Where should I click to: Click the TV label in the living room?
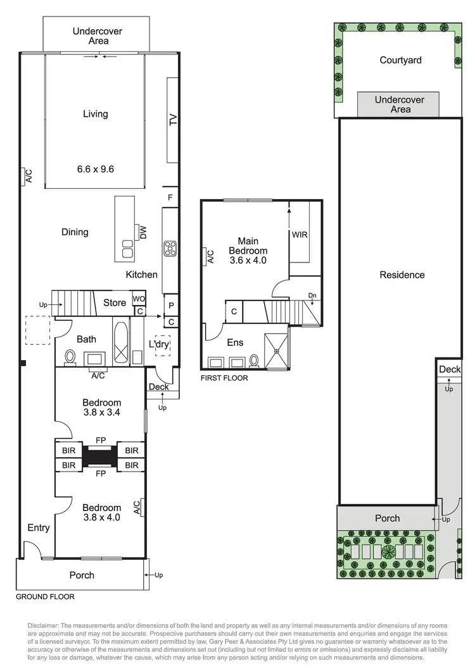click(x=172, y=120)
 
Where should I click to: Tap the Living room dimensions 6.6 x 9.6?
click(x=96, y=169)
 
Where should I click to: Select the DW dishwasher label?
click(x=142, y=232)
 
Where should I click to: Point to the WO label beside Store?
click(x=139, y=299)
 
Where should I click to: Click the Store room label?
click(x=115, y=303)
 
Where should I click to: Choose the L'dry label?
click(x=159, y=344)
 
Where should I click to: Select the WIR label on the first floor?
click(x=299, y=235)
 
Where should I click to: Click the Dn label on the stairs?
click(x=312, y=295)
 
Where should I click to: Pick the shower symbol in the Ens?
click(x=277, y=349)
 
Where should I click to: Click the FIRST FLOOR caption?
click(x=224, y=378)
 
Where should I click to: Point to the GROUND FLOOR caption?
click(x=45, y=597)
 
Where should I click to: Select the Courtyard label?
click(x=400, y=60)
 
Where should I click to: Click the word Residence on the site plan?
click(x=402, y=275)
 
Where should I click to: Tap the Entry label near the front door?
click(x=39, y=527)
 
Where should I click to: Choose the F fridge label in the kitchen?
click(x=170, y=198)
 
